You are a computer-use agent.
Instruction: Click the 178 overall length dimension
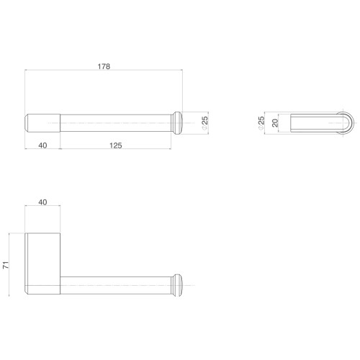104,66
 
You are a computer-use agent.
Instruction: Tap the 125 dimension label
116,145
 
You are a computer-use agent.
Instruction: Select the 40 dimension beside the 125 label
42,145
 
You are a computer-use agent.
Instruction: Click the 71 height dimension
6,265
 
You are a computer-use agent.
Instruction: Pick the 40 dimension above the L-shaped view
42,202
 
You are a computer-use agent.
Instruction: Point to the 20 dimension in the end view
275,123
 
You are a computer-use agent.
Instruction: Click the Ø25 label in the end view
261,123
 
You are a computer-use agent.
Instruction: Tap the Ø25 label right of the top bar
204,123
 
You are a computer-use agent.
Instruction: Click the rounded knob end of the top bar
177,123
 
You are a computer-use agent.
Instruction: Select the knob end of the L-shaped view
177,285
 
